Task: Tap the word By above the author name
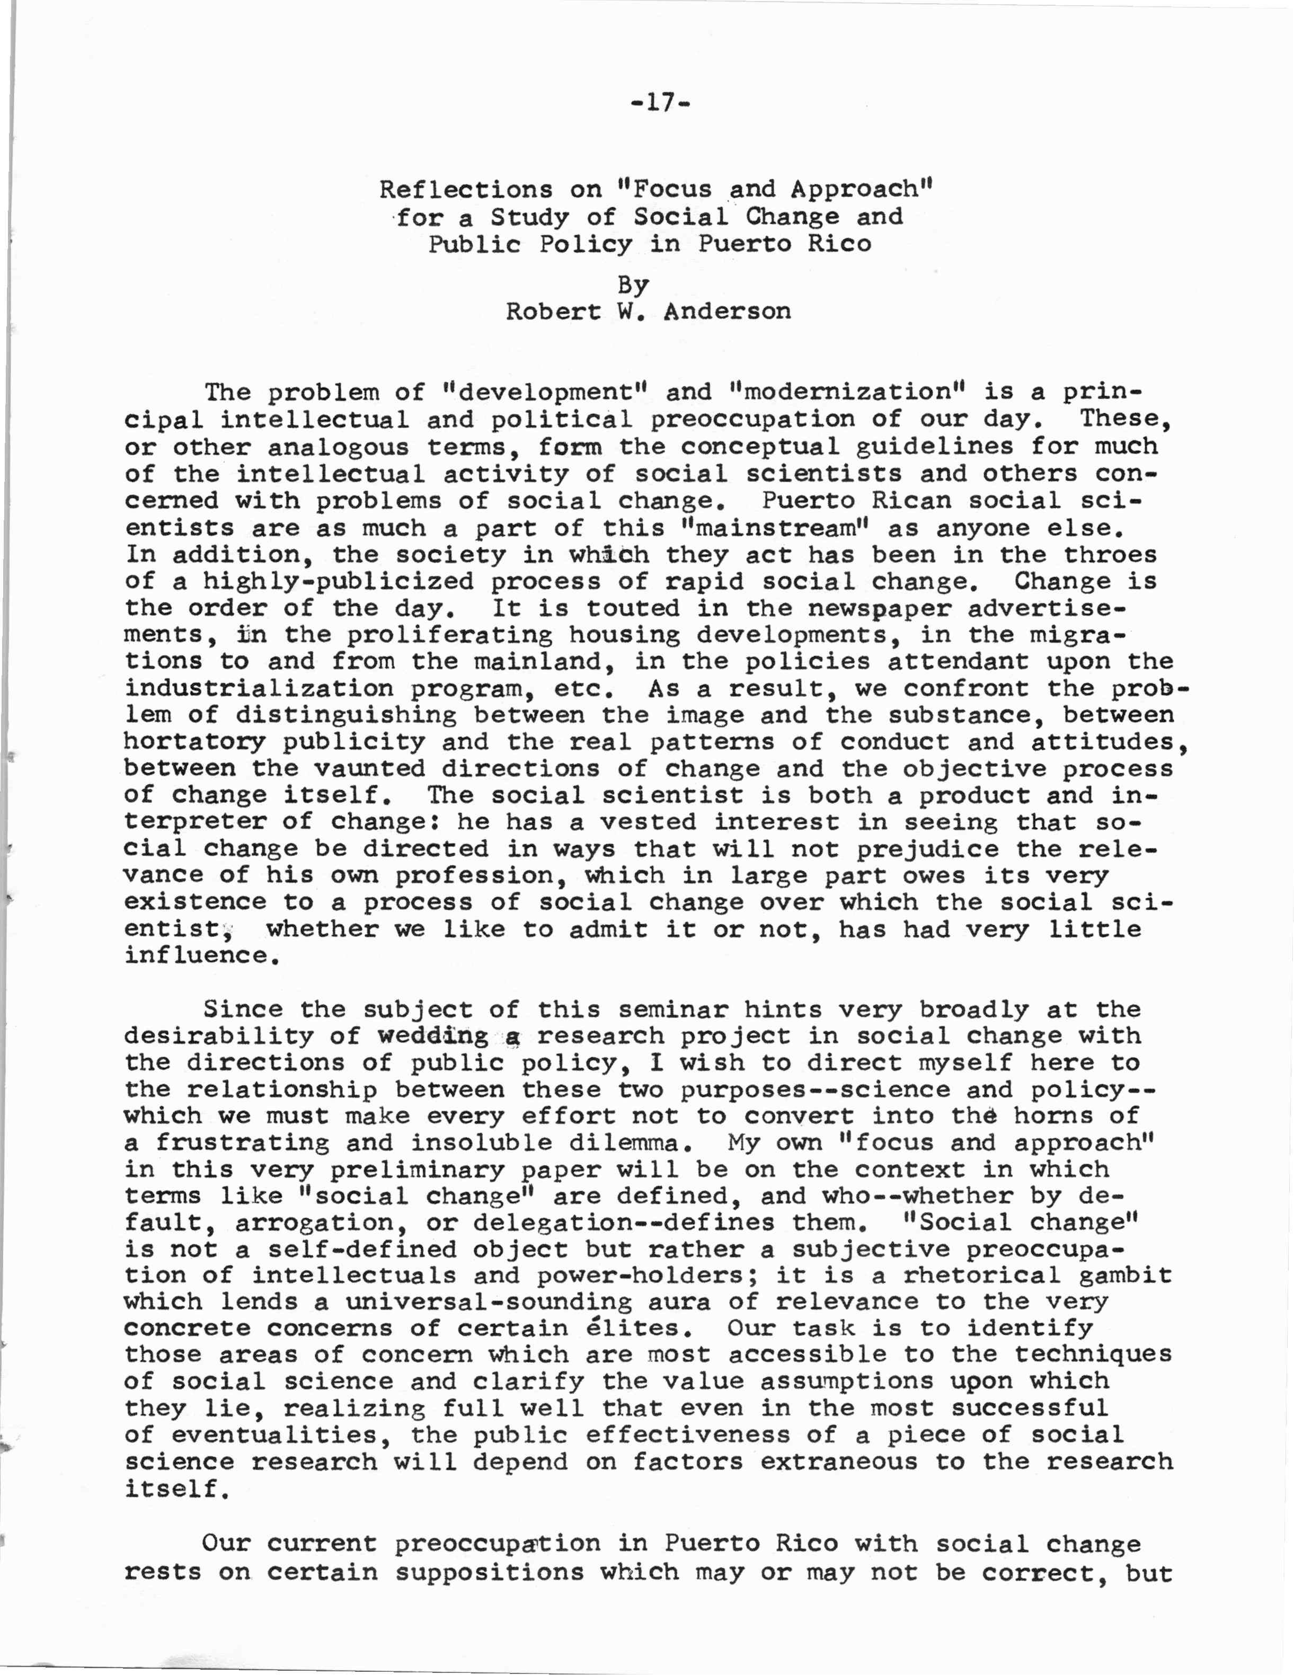click(x=634, y=285)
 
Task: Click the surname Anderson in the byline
click(x=726, y=312)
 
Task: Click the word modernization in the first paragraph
click(x=848, y=392)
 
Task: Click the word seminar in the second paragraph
click(x=672, y=1009)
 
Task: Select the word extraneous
click(x=838, y=1462)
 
